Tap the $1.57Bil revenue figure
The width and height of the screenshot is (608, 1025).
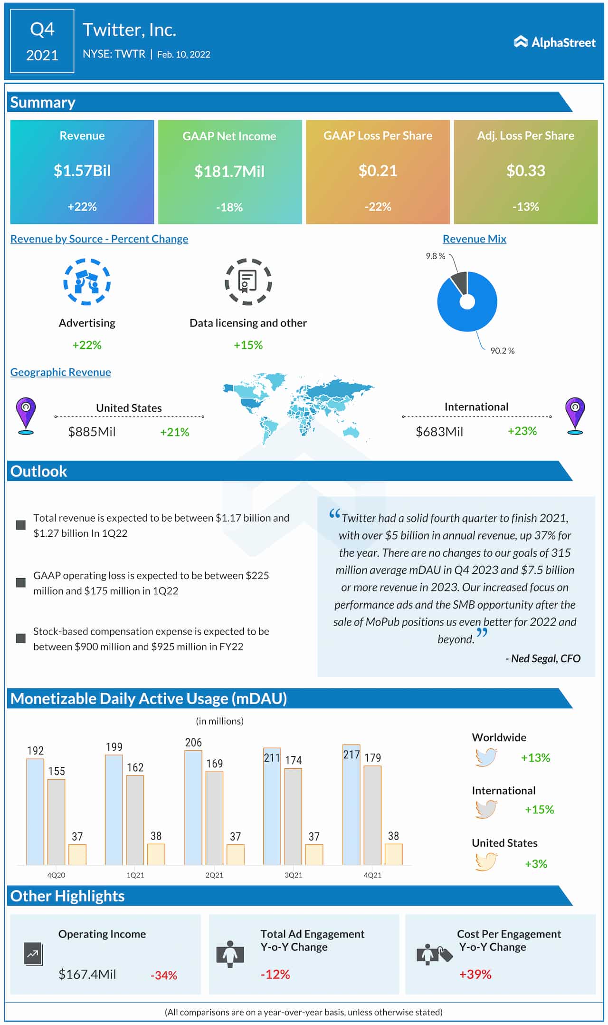point(82,171)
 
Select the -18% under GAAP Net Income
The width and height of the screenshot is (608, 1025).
point(229,207)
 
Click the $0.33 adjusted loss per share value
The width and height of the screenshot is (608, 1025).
point(525,171)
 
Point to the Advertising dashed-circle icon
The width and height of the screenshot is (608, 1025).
point(87,282)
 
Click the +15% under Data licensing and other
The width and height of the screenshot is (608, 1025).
point(248,345)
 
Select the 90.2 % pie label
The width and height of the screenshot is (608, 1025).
point(502,350)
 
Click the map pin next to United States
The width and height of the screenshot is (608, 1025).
point(26,415)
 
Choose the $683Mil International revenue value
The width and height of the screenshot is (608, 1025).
point(439,432)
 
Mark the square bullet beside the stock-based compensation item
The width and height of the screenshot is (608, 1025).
point(21,638)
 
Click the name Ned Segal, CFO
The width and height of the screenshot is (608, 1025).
point(545,658)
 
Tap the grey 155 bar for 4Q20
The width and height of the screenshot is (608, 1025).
point(57,822)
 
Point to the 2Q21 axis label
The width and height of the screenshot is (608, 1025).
point(214,875)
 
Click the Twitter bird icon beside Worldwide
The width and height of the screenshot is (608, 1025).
point(486,757)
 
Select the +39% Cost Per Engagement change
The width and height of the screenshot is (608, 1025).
point(475,974)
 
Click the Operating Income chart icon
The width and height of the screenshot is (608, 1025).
point(33,953)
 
